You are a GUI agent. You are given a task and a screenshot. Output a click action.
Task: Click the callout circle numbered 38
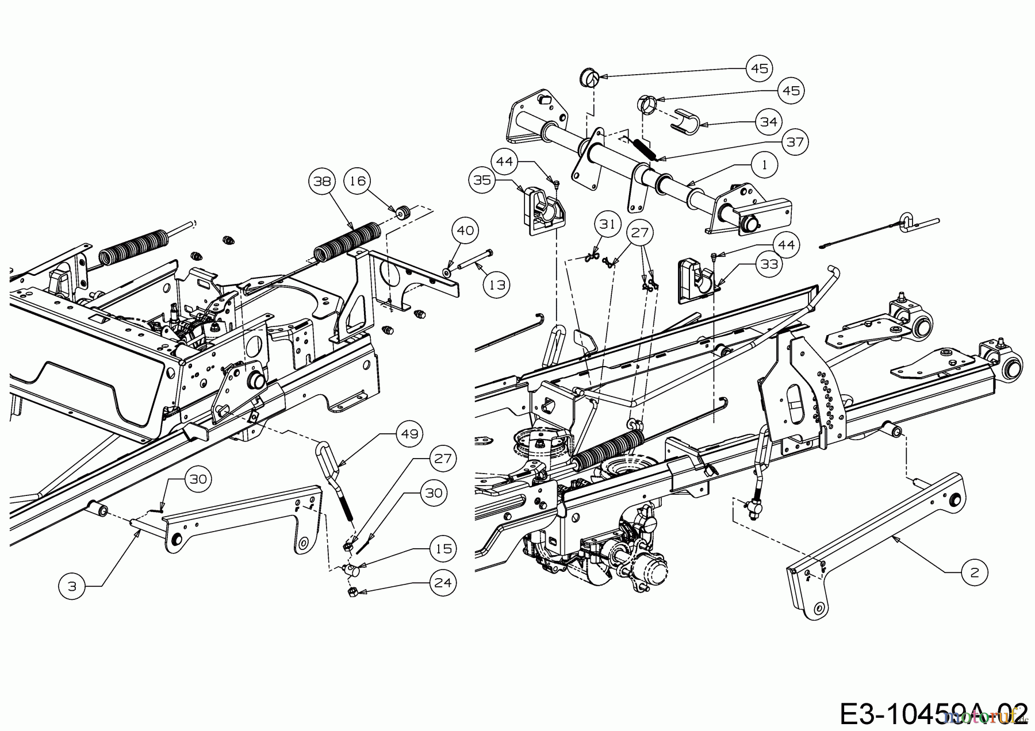coord(323,181)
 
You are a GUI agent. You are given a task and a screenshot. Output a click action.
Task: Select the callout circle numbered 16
coord(358,181)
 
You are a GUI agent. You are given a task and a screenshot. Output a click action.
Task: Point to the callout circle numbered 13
coord(497,284)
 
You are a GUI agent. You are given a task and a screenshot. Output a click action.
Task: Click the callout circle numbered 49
coord(409,434)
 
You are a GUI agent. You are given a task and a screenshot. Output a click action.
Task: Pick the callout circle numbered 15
coord(443,549)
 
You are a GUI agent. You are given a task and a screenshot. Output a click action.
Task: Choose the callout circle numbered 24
coord(443,582)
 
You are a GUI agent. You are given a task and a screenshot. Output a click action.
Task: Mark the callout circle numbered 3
coord(72,586)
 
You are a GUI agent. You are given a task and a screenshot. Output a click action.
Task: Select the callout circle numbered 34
coord(768,122)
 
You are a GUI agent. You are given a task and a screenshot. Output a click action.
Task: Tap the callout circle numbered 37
coord(795,141)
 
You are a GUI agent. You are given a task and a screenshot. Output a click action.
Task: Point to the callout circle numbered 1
coord(764,165)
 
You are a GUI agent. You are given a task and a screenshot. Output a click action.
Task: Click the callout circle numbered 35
coord(482,180)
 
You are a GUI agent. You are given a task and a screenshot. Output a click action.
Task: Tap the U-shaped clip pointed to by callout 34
coord(686,120)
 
